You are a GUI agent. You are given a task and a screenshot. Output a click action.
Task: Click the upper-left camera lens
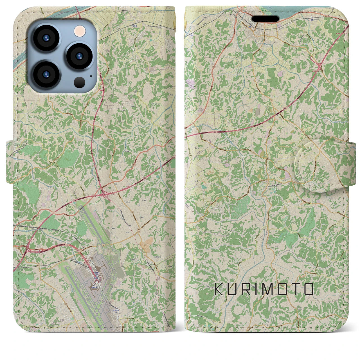46,38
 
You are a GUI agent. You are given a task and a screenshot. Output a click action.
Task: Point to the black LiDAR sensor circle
80,82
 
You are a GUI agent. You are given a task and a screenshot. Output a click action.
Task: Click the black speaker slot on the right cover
265,19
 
